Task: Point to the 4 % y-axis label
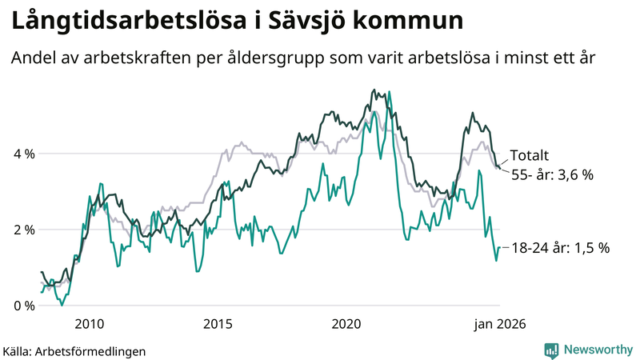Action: pyautogui.click(x=24, y=154)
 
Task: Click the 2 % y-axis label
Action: pyautogui.click(x=24, y=230)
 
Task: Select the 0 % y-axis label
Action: pyautogui.click(x=24, y=306)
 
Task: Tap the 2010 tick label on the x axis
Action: pyautogui.click(x=89, y=324)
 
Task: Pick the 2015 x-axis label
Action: pyautogui.click(x=218, y=324)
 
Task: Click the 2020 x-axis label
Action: pyautogui.click(x=346, y=324)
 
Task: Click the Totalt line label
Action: pyautogui.click(x=530, y=156)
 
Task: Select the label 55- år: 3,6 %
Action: pyautogui.click(x=551, y=174)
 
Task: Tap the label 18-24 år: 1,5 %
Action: pyautogui.click(x=560, y=248)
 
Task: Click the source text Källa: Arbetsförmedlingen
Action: pyautogui.click(x=74, y=350)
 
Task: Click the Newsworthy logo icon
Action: pyautogui.click(x=551, y=350)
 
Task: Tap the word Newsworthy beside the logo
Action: pyautogui.click(x=598, y=350)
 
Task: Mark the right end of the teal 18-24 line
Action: pyautogui.click(x=500, y=248)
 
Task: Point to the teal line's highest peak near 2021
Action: pyautogui.click(x=389, y=92)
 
